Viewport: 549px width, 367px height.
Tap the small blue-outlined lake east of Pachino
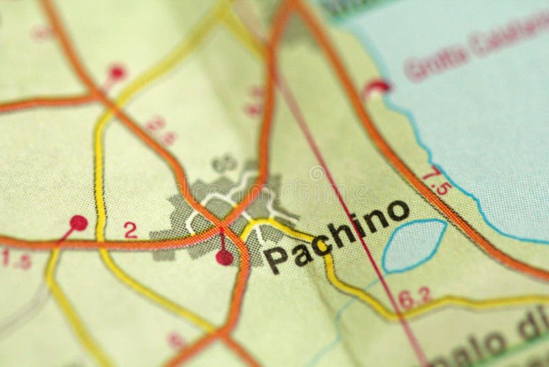(x=414, y=245)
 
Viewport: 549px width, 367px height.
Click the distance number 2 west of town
(x=130, y=231)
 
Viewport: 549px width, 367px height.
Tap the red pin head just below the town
(x=224, y=257)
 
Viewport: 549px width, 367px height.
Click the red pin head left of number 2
(x=78, y=223)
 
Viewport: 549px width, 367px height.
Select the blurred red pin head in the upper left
(x=117, y=71)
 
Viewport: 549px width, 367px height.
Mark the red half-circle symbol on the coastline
(x=377, y=87)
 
